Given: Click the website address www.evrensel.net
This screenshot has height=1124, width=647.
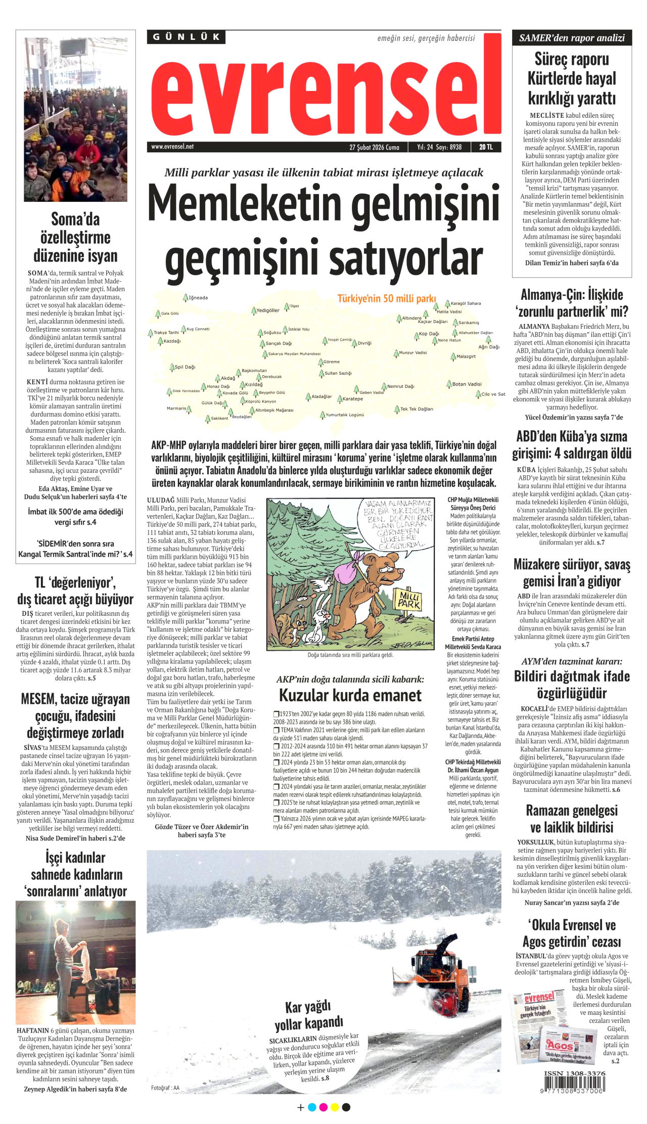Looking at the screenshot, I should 172,147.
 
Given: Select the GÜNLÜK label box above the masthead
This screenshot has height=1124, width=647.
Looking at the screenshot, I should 187,37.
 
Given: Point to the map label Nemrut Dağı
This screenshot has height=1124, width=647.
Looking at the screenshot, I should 400,386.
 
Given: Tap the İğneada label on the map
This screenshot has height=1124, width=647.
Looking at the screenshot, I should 198,298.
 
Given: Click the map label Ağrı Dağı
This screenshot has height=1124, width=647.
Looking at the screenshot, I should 489,347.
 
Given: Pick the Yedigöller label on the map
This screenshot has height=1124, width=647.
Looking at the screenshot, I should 267,310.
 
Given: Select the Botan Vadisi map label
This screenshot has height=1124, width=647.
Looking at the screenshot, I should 467,384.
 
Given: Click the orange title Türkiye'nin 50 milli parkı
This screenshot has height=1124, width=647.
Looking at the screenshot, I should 387,298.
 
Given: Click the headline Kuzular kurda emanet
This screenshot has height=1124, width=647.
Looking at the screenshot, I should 350,695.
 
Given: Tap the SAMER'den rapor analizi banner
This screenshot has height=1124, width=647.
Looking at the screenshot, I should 572,38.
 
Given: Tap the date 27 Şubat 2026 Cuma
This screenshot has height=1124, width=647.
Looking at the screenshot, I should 374,147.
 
